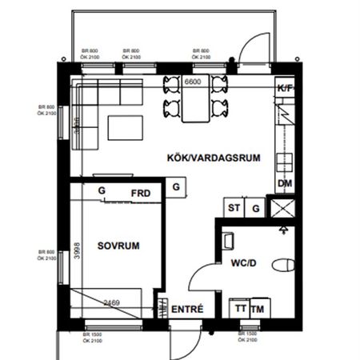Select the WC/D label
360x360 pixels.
pyautogui.click(x=243, y=262)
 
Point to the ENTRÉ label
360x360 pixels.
pyautogui.click(x=188, y=310)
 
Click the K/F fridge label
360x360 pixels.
pyautogui.click(x=285, y=89)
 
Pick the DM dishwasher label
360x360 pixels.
pyautogui.click(x=285, y=185)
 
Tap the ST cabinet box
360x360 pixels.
pyautogui.click(x=234, y=208)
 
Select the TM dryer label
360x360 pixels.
pyautogui.click(x=258, y=309)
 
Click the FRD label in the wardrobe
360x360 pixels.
pyautogui.click(x=142, y=192)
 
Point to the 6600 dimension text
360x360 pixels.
pyautogui.click(x=194, y=82)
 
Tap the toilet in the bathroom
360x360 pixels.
pyautogui.click(x=281, y=265)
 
